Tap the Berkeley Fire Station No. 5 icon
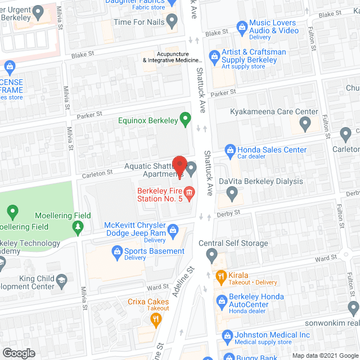coord(190,193)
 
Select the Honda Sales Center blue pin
coord(230,150)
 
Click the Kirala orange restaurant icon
coord(220,276)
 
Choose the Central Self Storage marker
coord(212,256)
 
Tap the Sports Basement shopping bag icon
coord(118,251)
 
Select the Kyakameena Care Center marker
coord(305,124)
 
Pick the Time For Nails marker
coord(172,21)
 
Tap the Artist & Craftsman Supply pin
coord(214,56)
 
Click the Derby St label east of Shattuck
coord(228,213)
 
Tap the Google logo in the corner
coord(19,353)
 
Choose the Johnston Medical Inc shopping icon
coord(227,337)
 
